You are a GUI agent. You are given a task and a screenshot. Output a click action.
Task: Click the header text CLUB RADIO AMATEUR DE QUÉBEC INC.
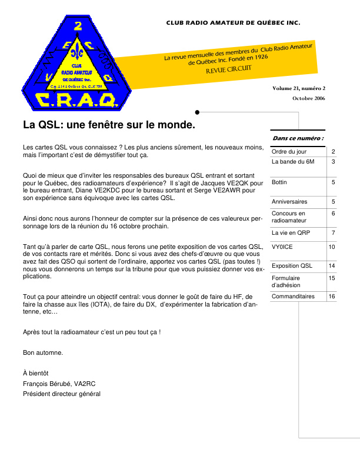point(233,23)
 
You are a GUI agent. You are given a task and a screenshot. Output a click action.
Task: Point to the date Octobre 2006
point(308,98)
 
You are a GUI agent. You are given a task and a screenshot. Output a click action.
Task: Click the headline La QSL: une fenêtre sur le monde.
point(109,125)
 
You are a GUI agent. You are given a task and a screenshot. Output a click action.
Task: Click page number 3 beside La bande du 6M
point(333,161)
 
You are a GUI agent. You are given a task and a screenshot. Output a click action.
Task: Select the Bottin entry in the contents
point(279,183)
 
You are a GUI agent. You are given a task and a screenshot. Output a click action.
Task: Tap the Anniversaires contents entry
point(289,202)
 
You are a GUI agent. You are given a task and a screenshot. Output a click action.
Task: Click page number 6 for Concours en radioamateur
point(333,213)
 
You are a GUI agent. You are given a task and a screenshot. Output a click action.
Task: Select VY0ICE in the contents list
point(282,247)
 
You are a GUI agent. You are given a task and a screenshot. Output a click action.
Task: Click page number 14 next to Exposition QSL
point(332,266)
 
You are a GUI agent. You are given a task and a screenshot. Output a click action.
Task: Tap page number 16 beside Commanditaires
point(332,297)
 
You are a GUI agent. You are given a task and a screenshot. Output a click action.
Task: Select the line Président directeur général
point(62,394)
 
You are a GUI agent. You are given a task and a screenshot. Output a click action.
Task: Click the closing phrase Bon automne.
point(43,353)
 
